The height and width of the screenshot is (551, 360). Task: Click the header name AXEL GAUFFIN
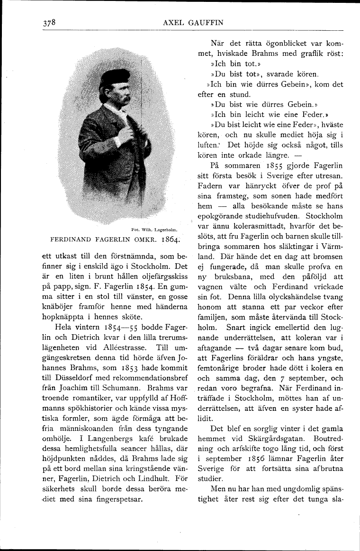(192, 22)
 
